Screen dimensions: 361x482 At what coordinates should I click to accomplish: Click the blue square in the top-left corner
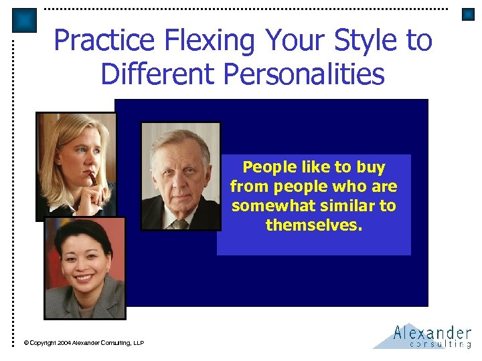click(x=24, y=20)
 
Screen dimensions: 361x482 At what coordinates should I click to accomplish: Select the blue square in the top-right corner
click(x=468, y=14)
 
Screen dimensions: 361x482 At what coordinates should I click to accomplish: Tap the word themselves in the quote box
click(x=313, y=225)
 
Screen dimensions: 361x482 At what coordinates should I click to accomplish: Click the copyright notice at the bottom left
click(x=84, y=343)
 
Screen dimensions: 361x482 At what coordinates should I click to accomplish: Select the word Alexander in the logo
click(x=432, y=332)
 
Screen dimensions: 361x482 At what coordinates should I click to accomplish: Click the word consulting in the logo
click(x=440, y=344)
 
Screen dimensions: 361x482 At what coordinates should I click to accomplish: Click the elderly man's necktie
click(x=180, y=224)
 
